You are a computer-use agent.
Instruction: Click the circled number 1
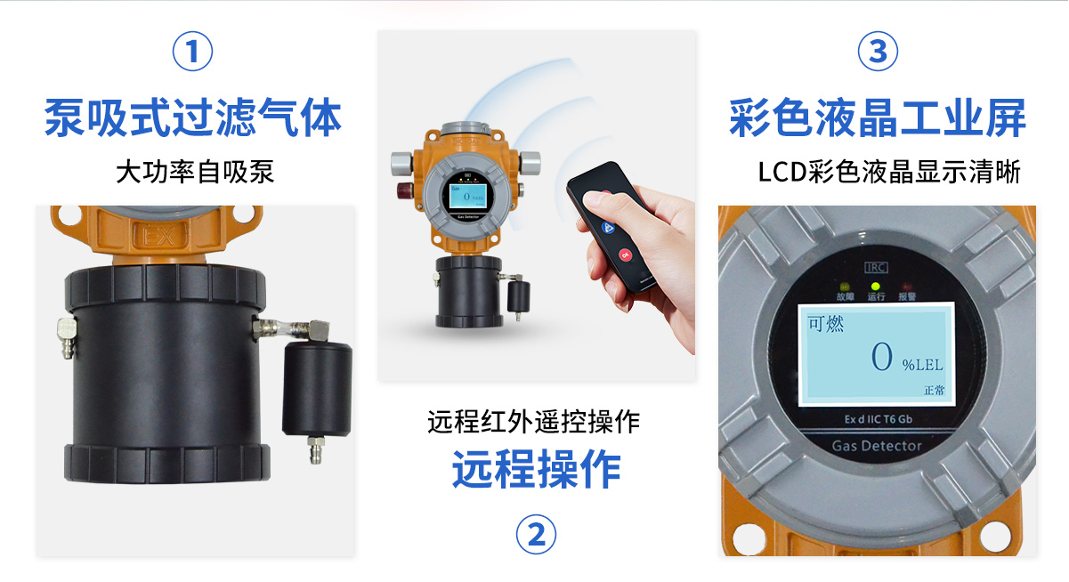click(192, 52)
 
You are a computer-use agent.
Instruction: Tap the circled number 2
click(536, 535)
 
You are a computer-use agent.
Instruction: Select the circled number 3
click(877, 52)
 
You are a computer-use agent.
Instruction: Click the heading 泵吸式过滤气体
click(193, 118)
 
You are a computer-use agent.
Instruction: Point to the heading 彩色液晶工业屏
click(877, 118)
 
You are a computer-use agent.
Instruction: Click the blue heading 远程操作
click(536, 469)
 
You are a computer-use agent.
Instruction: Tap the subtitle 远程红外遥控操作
click(534, 421)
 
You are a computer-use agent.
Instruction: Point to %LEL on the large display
click(922, 365)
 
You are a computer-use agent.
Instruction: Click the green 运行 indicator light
click(876, 287)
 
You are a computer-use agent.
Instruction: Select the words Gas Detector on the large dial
click(876, 446)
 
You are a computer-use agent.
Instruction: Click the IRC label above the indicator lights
click(876, 266)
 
